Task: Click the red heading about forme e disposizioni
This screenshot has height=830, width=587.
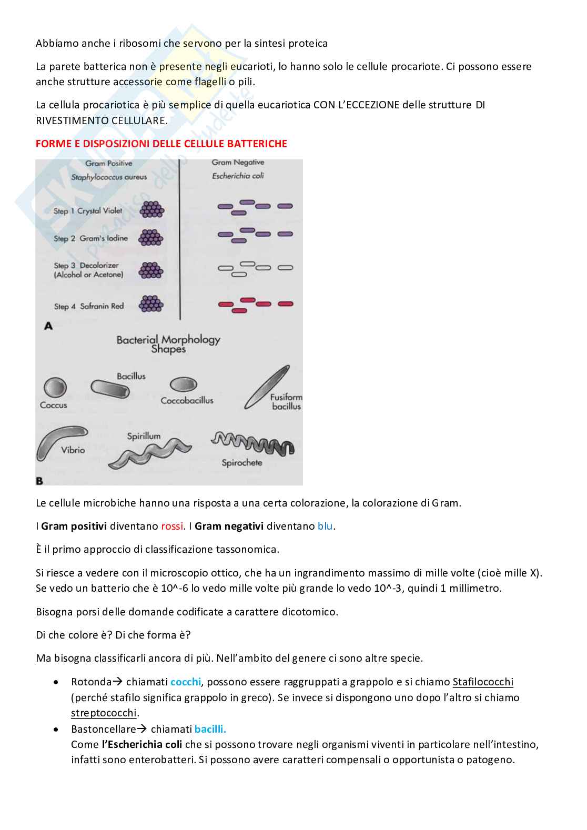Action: (161, 144)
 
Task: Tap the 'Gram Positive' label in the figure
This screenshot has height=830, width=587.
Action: (109, 164)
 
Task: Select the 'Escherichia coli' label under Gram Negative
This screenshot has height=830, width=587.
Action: (238, 176)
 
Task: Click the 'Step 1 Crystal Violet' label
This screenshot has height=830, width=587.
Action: (88, 211)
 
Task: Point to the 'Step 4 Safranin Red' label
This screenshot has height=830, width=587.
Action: (89, 306)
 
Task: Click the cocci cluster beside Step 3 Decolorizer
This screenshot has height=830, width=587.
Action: (151, 270)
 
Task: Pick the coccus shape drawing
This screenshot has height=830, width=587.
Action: (55, 388)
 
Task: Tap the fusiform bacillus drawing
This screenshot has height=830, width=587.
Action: (267, 387)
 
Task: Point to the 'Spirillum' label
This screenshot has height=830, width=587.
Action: (144, 436)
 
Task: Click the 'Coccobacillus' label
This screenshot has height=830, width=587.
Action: (187, 400)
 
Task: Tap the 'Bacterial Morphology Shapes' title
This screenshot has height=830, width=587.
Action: (168, 344)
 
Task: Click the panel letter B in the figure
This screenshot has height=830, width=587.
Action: (39, 480)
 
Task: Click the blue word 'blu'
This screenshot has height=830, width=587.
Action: (326, 526)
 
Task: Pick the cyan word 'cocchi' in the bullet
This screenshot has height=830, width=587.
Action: (186, 682)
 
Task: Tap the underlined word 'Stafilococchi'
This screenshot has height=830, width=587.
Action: (483, 682)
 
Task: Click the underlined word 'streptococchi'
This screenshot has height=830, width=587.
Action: (104, 713)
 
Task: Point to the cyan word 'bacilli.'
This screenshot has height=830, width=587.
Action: (210, 729)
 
